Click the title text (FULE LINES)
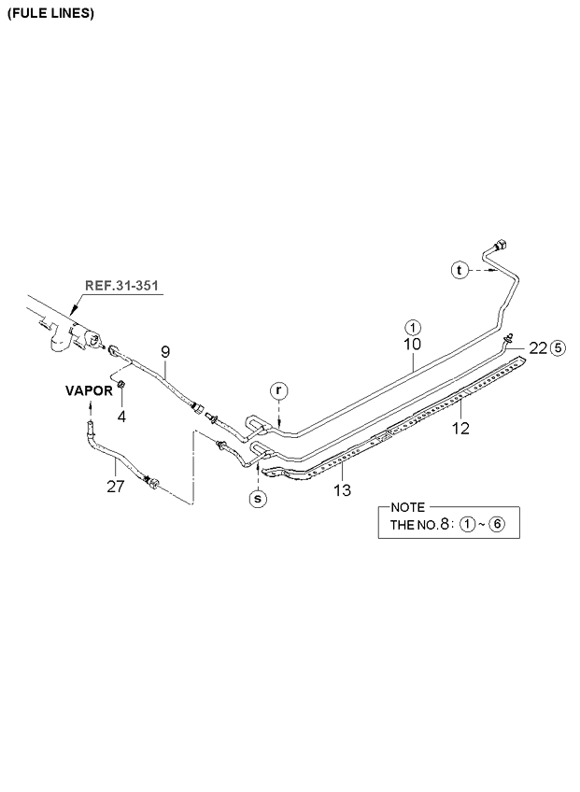point(50,14)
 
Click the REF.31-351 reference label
point(121,286)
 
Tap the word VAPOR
point(90,390)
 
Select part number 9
point(164,351)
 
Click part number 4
point(121,415)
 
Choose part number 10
point(412,345)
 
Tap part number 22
point(537,347)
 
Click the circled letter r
point(278,389)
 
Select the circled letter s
point(257,499)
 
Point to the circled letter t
point(459,270)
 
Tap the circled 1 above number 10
point(412,327)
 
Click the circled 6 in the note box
point(497,524)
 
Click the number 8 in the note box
point(445,524)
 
